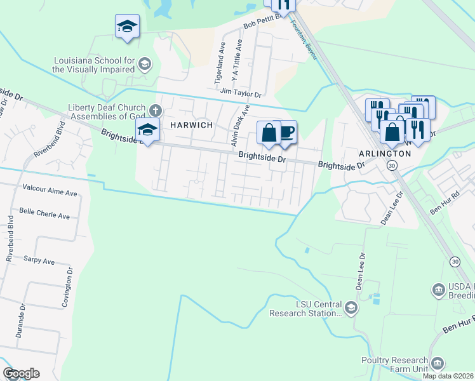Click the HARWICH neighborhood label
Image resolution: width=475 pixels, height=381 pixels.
tap(191, 125)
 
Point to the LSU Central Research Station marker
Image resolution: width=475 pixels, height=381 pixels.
tap(351, 309)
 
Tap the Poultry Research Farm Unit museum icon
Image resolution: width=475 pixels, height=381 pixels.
tap(437, 363)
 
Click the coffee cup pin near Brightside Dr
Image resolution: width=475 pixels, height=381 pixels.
tap(286, 132)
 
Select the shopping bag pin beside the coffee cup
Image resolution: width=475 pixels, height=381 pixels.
tap(269, 133)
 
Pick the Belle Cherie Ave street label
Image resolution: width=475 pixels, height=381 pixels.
tap(44, 215)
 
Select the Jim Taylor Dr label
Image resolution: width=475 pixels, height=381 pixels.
tap(241, 93)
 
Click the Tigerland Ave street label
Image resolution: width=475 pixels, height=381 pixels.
tap(221, 63)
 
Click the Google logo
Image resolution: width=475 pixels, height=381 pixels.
tap(21, 373)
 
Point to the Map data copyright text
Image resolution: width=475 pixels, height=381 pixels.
tap(448, 376)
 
